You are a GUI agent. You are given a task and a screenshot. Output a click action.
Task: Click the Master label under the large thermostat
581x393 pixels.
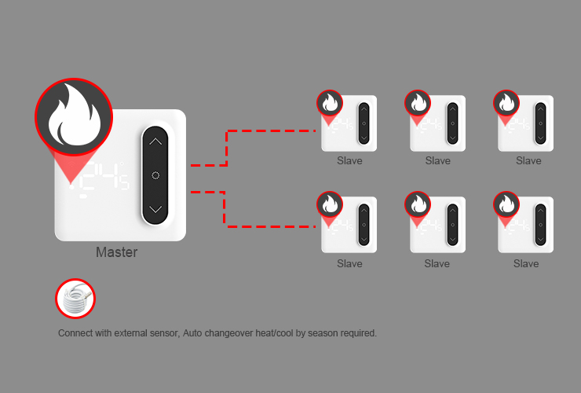[x=117, y=252]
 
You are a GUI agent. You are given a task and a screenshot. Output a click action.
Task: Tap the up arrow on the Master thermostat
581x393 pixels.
[x=155, y=141]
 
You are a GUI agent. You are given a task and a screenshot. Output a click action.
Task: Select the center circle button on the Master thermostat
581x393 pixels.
[x=155, y=175]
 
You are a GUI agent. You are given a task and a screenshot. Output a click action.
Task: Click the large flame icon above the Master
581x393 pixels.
[x=74, y=116]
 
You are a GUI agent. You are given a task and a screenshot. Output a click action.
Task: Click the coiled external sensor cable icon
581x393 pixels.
[x=75, y=299]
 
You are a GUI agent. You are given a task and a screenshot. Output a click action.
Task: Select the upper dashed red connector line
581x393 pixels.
[x=226, y=148]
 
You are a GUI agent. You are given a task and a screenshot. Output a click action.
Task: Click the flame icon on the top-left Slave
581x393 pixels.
[x=330, y=103]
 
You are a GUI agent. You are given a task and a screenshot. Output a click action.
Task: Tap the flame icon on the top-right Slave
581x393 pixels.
[x=506, y=103]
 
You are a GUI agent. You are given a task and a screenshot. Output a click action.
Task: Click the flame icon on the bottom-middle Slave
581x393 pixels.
[x=418, y=204]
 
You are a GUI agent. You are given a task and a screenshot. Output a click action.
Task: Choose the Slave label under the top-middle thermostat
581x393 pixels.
[x=438, y=160]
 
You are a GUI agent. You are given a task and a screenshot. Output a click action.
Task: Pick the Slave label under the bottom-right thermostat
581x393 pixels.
[x=526, y=264]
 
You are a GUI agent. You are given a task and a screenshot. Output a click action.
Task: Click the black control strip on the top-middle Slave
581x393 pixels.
[x=452, y=123]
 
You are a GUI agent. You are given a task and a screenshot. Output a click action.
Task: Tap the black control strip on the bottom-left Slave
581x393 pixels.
[x=364, y=225]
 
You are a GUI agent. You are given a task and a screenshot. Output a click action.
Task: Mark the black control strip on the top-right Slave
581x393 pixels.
[x=541, y=123]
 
